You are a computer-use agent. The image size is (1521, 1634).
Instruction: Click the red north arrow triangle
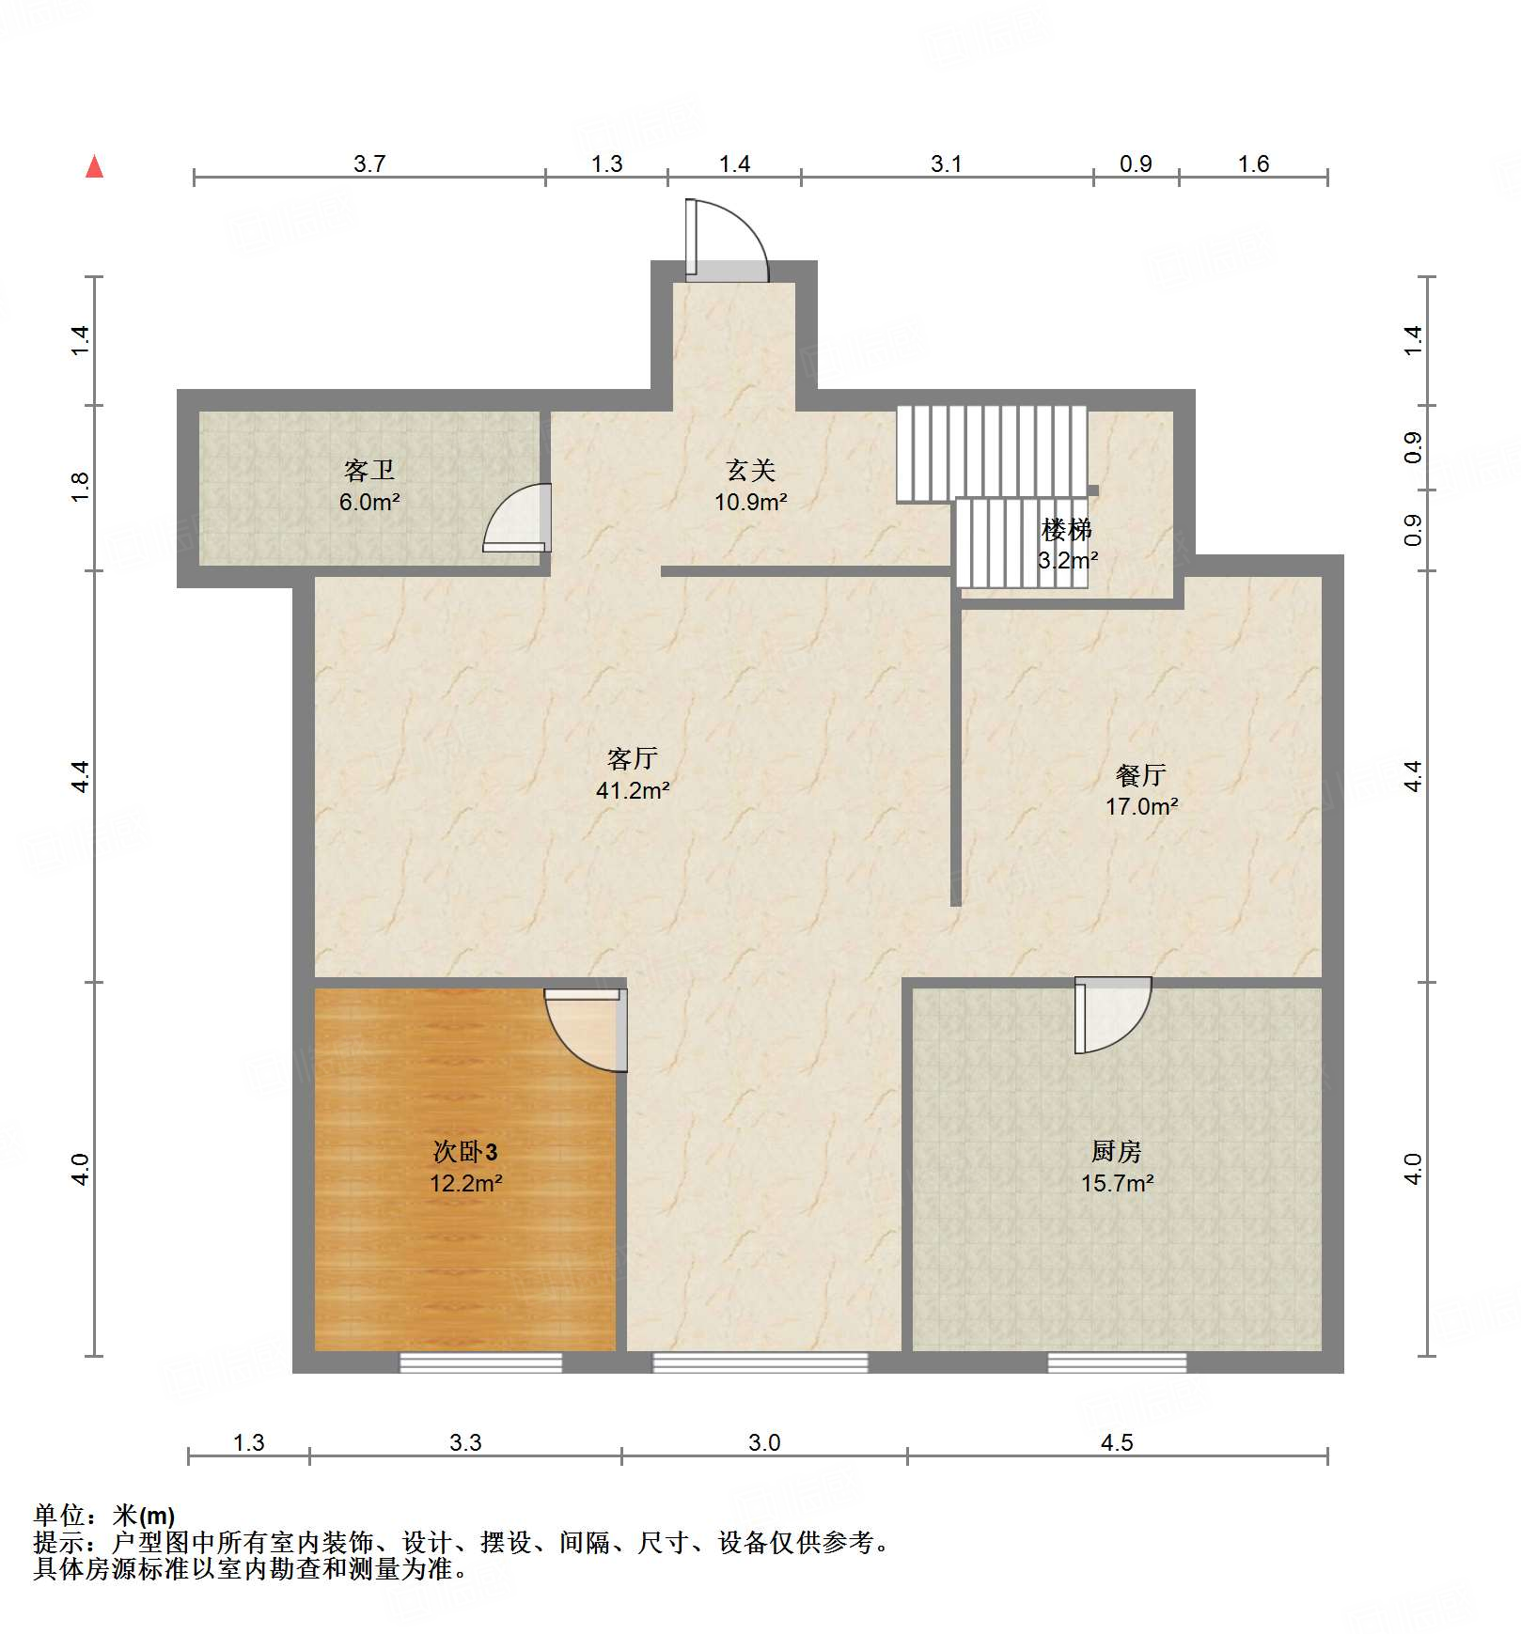[95, 166]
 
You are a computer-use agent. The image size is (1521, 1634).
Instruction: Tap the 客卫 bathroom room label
[369, 470]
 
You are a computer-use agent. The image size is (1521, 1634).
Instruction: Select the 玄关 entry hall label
[751, 470]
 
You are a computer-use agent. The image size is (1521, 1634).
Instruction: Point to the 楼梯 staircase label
[1067, 530]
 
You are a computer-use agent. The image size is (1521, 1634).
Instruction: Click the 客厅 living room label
[633, 758]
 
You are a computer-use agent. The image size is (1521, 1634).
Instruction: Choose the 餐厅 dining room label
[1141, 774]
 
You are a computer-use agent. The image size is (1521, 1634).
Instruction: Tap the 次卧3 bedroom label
[465, 1151]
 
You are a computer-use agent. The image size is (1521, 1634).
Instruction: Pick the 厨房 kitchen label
[1117, 1151]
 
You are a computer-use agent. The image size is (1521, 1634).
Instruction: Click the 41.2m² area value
[633, 790]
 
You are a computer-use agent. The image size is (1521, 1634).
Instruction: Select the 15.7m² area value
[1117, 1183]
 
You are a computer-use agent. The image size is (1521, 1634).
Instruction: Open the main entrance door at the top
[727, 240]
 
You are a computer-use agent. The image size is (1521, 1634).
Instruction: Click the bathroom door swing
[517, 518]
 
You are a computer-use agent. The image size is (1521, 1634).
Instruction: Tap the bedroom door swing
[586, 1030]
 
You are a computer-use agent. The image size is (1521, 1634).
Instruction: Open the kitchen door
[1113, 1015]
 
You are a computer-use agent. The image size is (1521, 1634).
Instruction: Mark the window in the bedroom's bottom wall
[481, 1362]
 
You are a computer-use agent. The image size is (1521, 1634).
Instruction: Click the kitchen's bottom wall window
[1118, 1362]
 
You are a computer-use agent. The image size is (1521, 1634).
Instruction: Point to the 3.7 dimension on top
[369, 164]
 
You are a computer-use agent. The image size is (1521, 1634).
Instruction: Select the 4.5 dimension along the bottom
[1117, 1442]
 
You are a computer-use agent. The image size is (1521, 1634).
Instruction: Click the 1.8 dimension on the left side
[81, 486]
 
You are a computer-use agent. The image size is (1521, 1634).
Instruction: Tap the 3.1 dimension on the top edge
[947, 164]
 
